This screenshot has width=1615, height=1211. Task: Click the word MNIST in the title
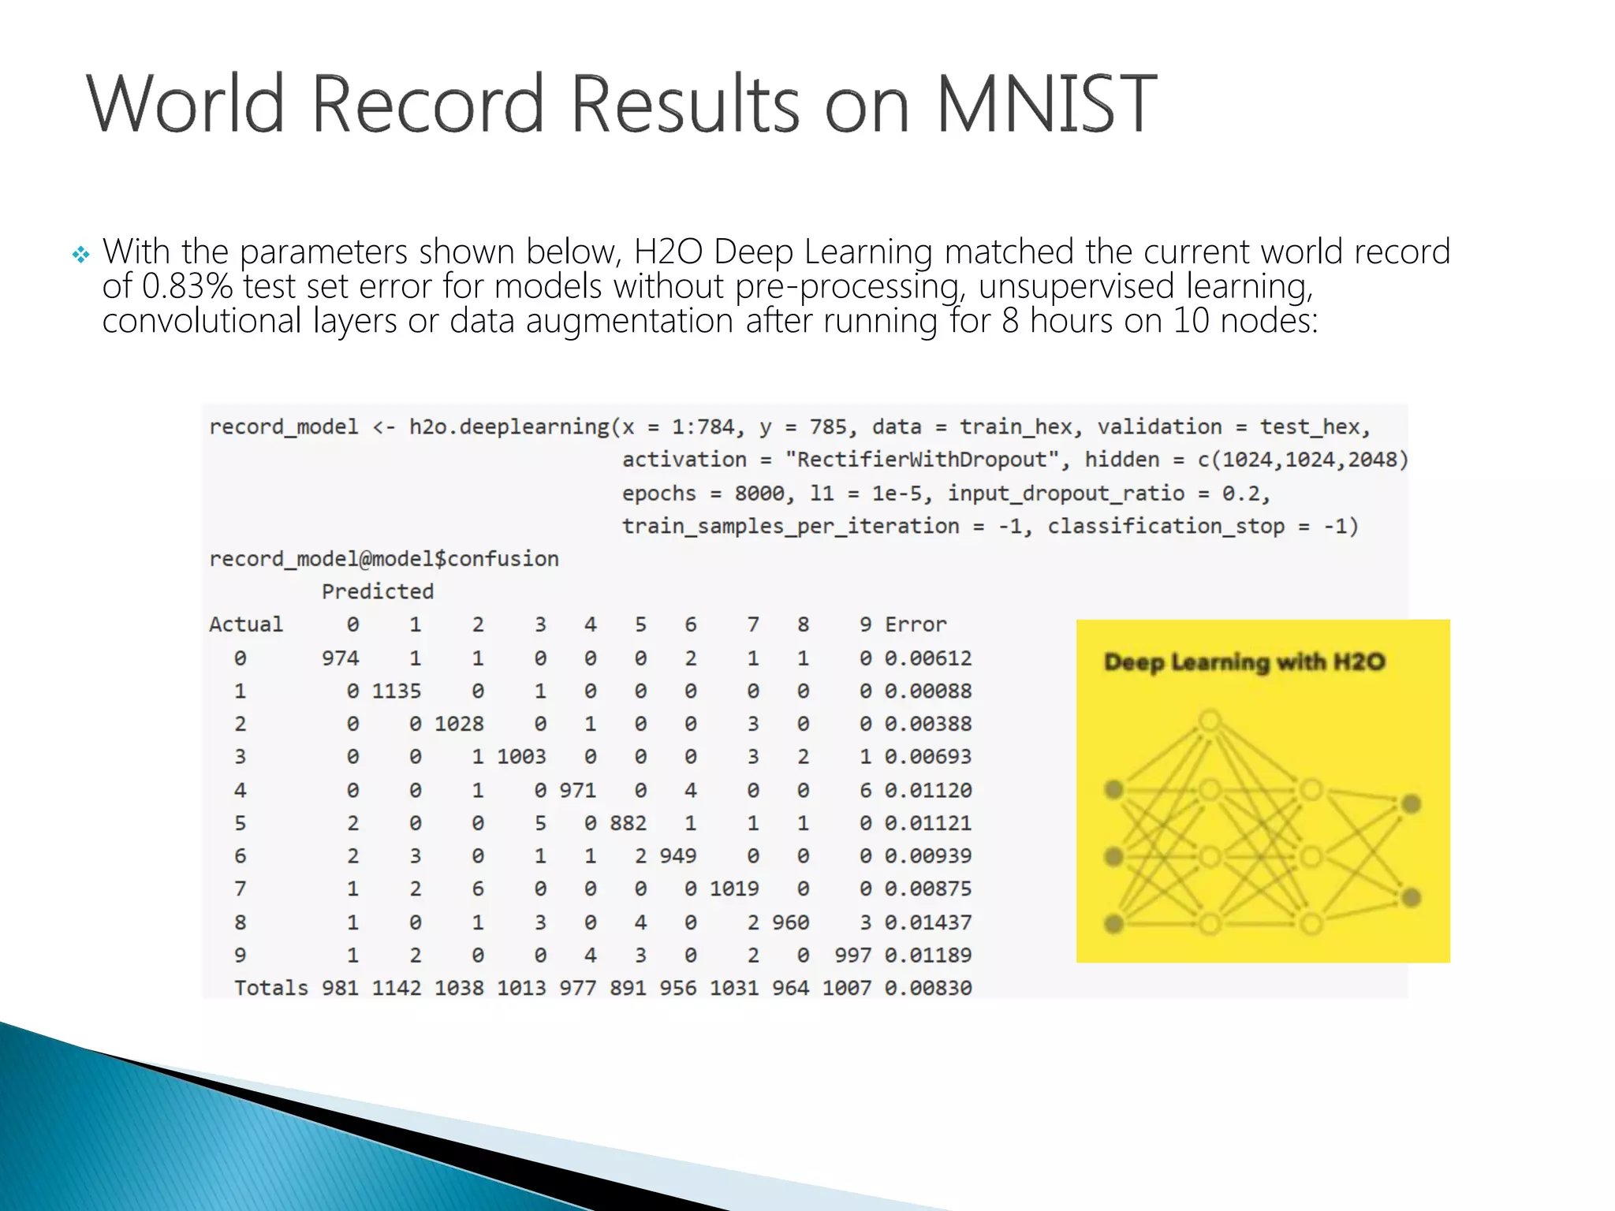[1046, 103]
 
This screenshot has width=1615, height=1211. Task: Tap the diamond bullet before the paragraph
[80, 254]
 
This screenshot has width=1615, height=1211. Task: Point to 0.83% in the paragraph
[188, 286]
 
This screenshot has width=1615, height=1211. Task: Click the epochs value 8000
[759, 494]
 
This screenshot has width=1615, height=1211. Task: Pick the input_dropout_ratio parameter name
[1065, 494]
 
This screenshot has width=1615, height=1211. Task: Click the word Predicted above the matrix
[377, 591]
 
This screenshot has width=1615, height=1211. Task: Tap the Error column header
[915, 624]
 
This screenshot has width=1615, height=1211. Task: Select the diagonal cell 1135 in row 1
[396, 691]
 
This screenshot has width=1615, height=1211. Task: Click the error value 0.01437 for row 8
[927, 922]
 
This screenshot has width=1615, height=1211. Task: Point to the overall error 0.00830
[927, 988]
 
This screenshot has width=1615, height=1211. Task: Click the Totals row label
[270, 988]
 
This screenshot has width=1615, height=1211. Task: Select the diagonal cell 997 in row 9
[852, 956]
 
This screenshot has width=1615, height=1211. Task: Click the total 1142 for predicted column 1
[396, 988]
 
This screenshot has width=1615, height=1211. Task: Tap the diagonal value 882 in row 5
[628, 823]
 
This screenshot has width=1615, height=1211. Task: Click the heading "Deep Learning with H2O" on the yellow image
[1244, 661]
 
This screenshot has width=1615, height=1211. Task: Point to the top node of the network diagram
[1210, 721]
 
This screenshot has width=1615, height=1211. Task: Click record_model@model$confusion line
[383, 559]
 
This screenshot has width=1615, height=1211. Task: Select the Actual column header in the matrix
[245, 624]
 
